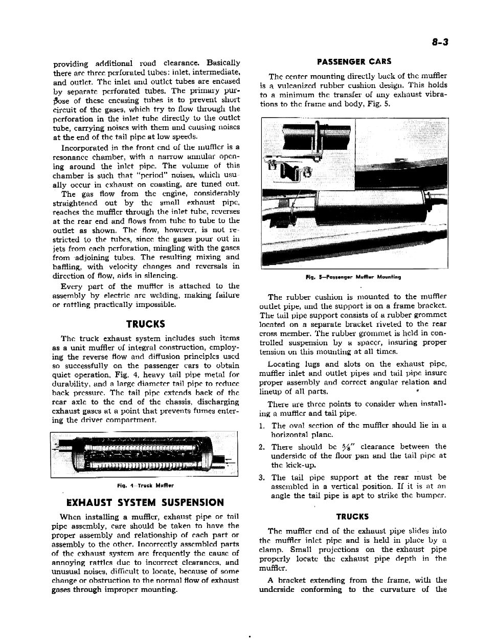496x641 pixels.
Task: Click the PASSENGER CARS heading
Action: [354, 62]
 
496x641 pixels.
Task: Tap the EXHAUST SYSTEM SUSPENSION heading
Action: [142, 502]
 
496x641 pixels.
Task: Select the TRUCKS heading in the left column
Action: [146, 324]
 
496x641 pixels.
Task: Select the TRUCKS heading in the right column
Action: [353, 517]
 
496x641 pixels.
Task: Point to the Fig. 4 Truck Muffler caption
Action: [145, 485]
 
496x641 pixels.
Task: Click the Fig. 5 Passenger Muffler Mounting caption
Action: [353, 277]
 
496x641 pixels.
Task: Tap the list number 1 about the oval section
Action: [262, 426]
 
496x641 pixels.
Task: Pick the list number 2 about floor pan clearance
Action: [262, 447]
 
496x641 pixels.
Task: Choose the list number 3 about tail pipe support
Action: [262, 477]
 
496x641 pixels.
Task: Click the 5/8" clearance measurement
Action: [349, 447]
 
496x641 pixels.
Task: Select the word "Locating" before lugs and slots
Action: [283, 364]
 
